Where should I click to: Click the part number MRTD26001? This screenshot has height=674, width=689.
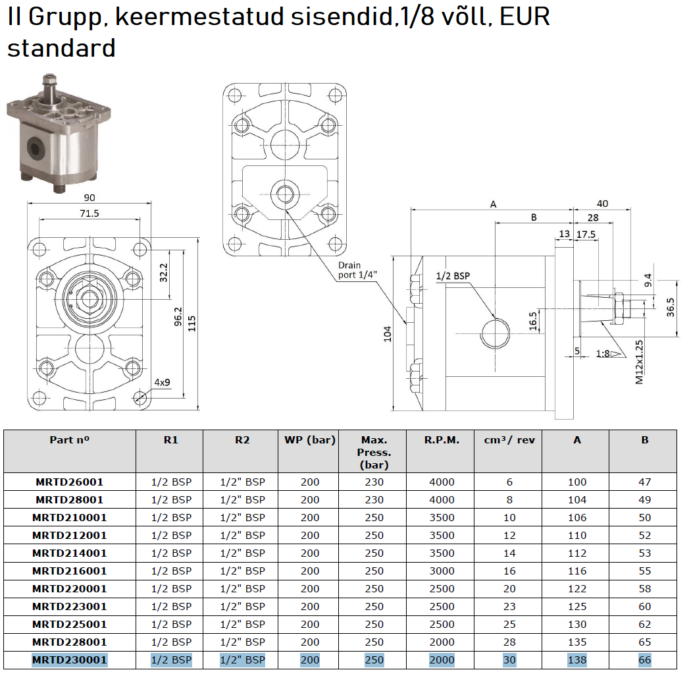(70, 482)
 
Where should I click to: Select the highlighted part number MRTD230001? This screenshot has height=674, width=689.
(70, 660)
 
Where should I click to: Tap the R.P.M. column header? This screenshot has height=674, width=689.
(442, 440)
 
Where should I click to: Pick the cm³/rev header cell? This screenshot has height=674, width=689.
(509, 440)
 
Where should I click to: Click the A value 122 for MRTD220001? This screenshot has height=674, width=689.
(577, 588)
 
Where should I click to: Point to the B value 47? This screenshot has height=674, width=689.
(645, 482)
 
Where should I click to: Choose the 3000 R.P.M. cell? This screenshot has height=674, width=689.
(442, 571)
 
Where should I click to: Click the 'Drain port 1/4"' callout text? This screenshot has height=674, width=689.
(357, 270)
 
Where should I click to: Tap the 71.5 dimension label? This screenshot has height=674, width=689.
(89, 213)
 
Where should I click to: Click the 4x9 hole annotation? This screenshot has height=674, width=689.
(162, 382)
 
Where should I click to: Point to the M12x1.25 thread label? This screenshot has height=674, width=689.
(640, 362)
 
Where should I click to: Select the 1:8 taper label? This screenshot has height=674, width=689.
(602, 354)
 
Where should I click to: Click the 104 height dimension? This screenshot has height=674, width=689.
(387, 334)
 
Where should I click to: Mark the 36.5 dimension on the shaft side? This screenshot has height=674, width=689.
(670, 307)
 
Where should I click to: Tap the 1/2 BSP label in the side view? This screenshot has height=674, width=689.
(453, 276)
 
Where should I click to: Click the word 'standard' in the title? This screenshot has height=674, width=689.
(61, 47)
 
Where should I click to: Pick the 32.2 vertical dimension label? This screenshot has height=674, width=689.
(163, 273)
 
